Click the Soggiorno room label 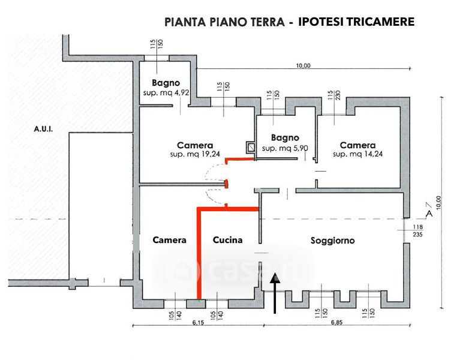point(332,241)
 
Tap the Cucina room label point(228,240)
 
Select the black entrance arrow point(275,293)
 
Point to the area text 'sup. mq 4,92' point(166,94)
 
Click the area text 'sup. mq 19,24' point(196,155)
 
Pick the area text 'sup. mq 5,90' point(285,148)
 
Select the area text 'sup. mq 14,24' point(357,155)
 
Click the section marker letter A point(428,212)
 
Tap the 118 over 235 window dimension point(417,231)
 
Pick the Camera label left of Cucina point(170,240)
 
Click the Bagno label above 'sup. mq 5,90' point(285,137)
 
